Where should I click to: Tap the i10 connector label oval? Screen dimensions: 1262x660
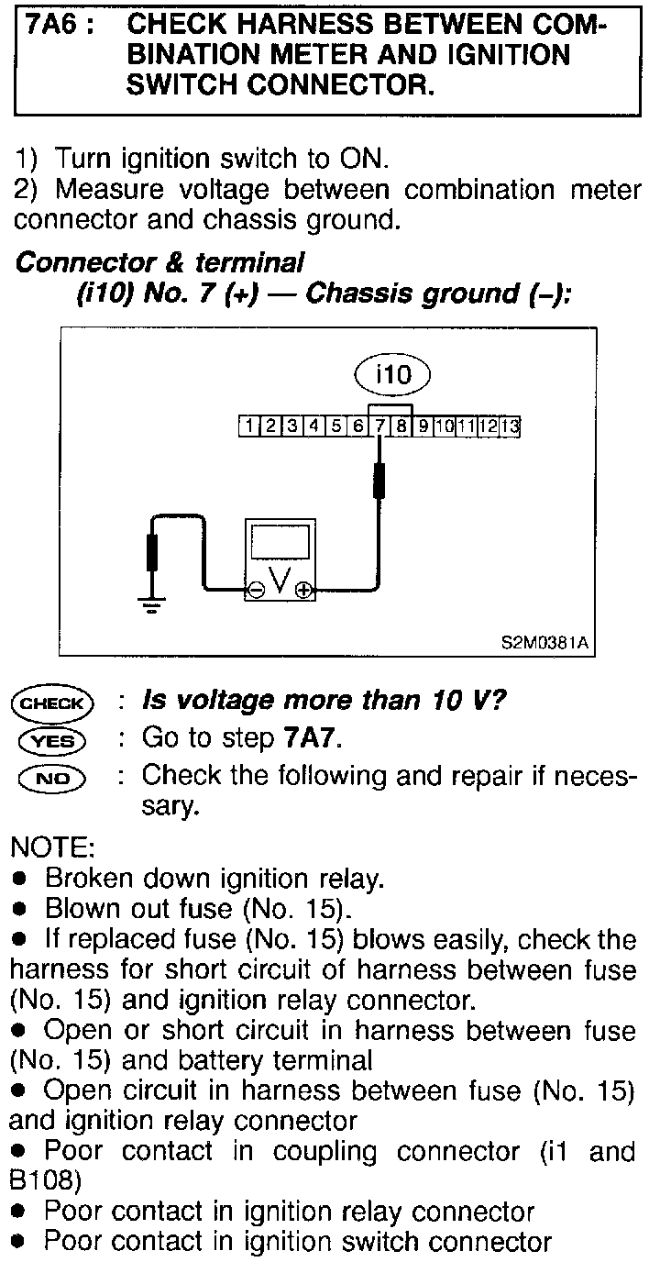coord(391,374)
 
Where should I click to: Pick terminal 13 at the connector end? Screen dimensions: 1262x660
coord(511,426)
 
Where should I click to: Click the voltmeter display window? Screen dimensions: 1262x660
coord(279,543)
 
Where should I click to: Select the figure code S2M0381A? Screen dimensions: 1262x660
coord(544,645)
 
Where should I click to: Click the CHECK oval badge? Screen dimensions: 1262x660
coord(51,704)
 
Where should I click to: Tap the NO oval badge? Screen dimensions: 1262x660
coord(51,779)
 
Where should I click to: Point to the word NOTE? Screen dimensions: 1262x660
coord(49,847)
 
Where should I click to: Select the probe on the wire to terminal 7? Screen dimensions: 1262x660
coord(379,481)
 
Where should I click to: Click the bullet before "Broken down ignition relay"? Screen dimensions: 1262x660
coord(18,879)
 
